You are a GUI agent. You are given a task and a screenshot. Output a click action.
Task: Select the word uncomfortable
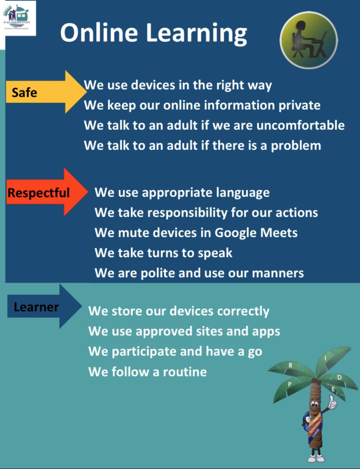pos(300,125)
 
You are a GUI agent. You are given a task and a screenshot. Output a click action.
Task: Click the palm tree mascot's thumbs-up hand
pos(331,403)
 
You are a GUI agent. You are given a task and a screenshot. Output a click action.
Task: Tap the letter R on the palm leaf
pos(291,366)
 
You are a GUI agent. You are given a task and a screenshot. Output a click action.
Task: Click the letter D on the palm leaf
pos(339,377)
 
